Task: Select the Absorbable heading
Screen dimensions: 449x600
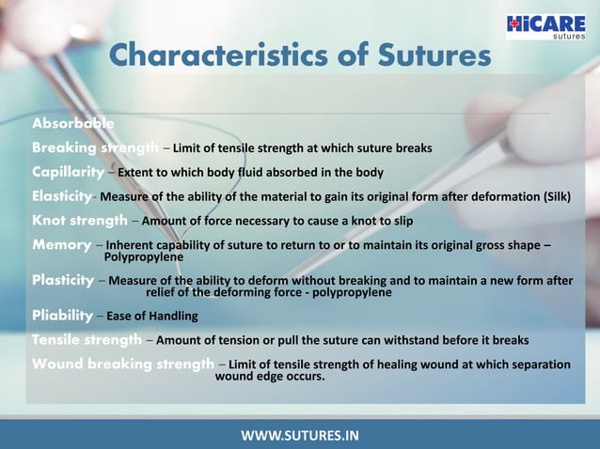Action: [73, 123]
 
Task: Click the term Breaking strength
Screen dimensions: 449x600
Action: [95, 147]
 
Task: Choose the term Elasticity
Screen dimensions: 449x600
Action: [62, 196]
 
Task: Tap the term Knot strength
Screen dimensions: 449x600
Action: [80, 221]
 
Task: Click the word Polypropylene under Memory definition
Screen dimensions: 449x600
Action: [143, 256]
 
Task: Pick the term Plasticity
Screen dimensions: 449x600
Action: [63, 280]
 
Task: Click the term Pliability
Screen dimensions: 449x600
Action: [62, 315]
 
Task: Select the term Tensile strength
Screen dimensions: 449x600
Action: [87, 339]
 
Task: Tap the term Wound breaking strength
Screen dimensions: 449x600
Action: [123, 364]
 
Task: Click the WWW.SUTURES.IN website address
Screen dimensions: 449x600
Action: [300, 435]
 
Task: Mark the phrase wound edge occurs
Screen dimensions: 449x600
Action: [270, 377]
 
